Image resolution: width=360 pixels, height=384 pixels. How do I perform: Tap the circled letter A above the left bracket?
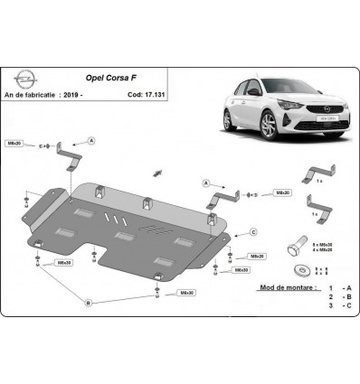tap(91, 140)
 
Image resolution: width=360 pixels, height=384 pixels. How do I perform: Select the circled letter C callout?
tap(254, 231)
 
